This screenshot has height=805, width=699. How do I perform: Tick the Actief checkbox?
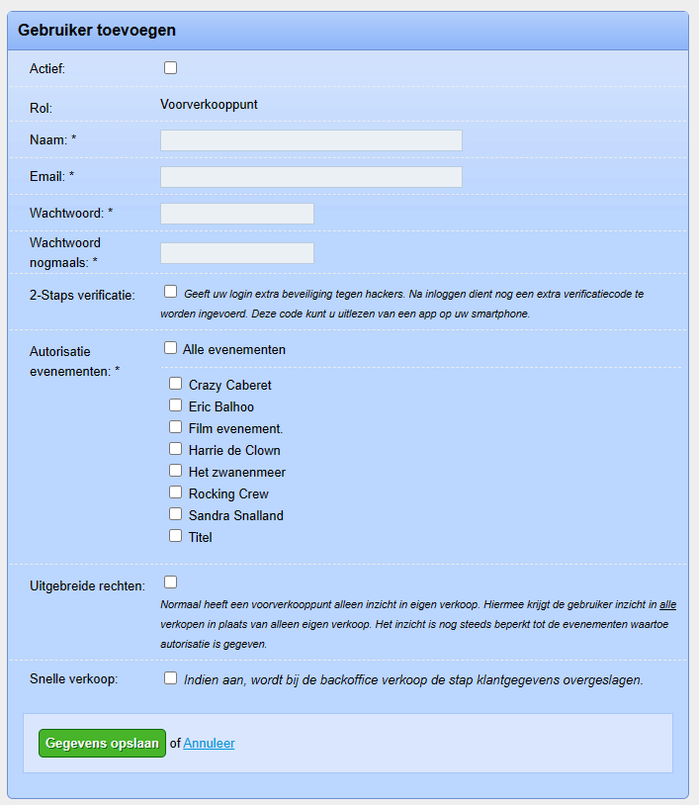coord(170,68)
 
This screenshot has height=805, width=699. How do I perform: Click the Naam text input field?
coord(310,140)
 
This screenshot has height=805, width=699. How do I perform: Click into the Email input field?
coord(310,177)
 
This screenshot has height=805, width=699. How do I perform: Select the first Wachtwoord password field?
coord(236,214)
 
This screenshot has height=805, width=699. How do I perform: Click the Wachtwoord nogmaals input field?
coord(236,253)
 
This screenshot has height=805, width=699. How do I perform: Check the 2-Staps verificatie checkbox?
coord(170,292)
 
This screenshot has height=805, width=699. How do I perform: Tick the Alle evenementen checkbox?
coord(170,348)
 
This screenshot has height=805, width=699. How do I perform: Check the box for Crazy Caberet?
coord(175,384)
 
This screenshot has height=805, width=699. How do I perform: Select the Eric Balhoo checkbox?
coord(175,405)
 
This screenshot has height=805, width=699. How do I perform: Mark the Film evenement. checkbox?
coord(175,427)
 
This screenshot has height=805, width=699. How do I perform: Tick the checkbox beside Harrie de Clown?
coord(175,449)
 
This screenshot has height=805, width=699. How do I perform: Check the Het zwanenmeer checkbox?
coord(175,471)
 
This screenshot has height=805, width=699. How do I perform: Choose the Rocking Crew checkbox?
coord(175,492)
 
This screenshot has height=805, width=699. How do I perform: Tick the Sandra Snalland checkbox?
coord(175,514)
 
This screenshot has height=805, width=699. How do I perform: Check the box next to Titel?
coord(175,536)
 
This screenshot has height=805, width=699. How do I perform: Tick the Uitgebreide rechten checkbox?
coord(170,581)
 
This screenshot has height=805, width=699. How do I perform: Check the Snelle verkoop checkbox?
coord(170,678)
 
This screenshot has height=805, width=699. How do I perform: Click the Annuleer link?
coord(209,744)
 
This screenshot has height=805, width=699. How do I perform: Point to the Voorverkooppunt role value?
coord(209,104)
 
